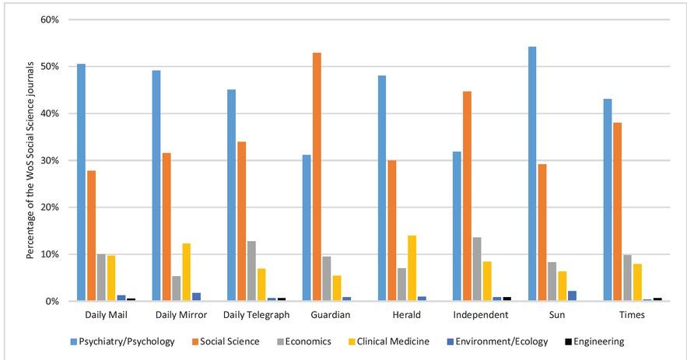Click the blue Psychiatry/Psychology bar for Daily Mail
pos(81,183)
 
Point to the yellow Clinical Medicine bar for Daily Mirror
pos(186,272)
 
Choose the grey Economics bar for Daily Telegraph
pos(251,271)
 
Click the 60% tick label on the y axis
pos(50,19)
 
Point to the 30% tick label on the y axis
pos(50,160)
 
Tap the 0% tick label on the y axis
pos(52,302)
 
